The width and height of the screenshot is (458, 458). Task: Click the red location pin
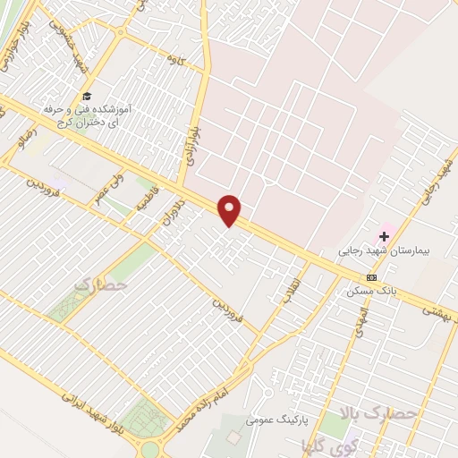pos(231,208)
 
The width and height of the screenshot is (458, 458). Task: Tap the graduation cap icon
pos(87,96)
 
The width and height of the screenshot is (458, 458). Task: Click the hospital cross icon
pos(385,236)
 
